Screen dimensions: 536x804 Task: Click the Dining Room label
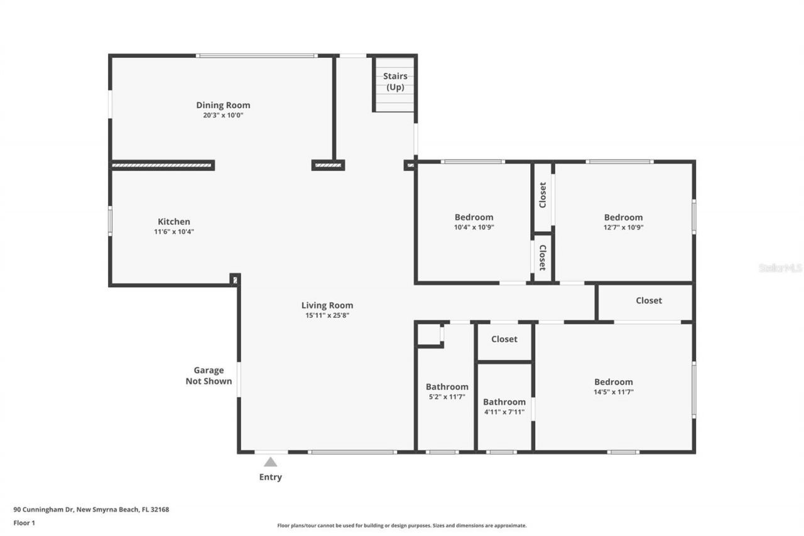coord(223,105)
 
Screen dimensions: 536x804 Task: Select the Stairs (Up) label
coord(395,82)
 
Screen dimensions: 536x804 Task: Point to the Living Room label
coord(327,305)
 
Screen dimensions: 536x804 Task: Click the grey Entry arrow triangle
coord(270,462)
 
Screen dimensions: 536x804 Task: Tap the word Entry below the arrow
coord(270,477)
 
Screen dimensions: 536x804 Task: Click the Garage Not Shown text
coord(209,376)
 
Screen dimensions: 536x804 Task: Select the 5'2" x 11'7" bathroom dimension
coord(447,397)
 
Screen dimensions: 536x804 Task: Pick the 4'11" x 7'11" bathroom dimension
coord(504,412)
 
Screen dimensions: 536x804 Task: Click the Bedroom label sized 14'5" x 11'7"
coord(613,381)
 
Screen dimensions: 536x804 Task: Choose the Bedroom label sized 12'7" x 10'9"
coord(623,217)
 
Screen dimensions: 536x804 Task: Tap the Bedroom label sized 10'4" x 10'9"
coord(474,217)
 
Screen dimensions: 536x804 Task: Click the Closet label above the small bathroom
coord(504,339)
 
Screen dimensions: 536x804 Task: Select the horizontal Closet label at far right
coord(648,300)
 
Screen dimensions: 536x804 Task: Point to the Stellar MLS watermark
coord(780,268)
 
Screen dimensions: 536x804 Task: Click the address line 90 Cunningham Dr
coord(91,510)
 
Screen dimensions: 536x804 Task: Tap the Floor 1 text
coord(24,522)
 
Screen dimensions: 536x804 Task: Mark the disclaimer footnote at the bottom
coord(402,525)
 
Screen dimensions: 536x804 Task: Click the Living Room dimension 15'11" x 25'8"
coord(327,315)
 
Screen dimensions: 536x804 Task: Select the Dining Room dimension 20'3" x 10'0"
coord(223,115)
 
